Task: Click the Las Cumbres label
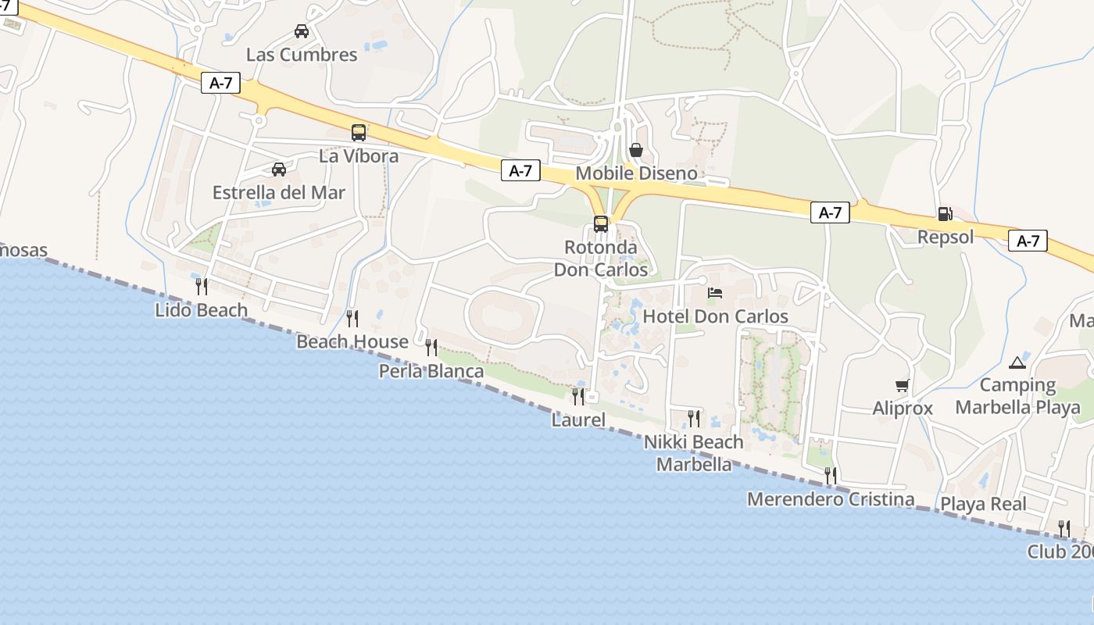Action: [302, 55]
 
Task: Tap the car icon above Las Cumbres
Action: [301, 31]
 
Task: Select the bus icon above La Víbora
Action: [359, 133]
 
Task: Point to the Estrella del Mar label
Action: [279, 192]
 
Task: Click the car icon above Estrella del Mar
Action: [279, 169]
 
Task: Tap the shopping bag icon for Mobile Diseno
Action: [636, 149]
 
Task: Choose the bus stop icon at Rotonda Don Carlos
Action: [600, 224]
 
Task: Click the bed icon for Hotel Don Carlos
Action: [715, 293]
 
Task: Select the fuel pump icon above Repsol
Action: [945, 214]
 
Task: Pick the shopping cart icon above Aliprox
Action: [903, 385]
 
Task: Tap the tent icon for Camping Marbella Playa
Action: [1017, 362]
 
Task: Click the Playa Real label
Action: [983, 504]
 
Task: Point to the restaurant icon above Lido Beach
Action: [202, 286]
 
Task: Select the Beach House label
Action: [352, 342]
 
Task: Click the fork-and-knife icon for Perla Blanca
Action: [431, 348]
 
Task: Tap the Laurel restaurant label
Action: [578, 420]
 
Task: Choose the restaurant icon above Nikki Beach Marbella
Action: [693, 419]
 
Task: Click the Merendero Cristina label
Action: [831, 499]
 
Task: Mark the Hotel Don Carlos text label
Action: [715, 316]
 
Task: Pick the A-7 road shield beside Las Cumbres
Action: [221, 84]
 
